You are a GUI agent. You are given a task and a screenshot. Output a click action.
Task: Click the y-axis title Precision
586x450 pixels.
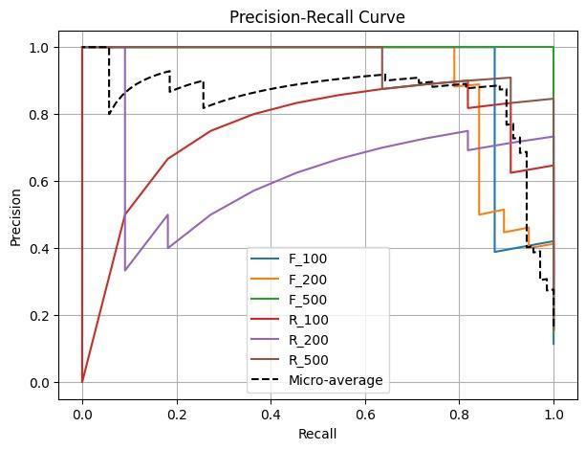[x=15, y=215]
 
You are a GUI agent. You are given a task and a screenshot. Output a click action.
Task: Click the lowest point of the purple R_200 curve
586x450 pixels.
[x=125, y=271]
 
